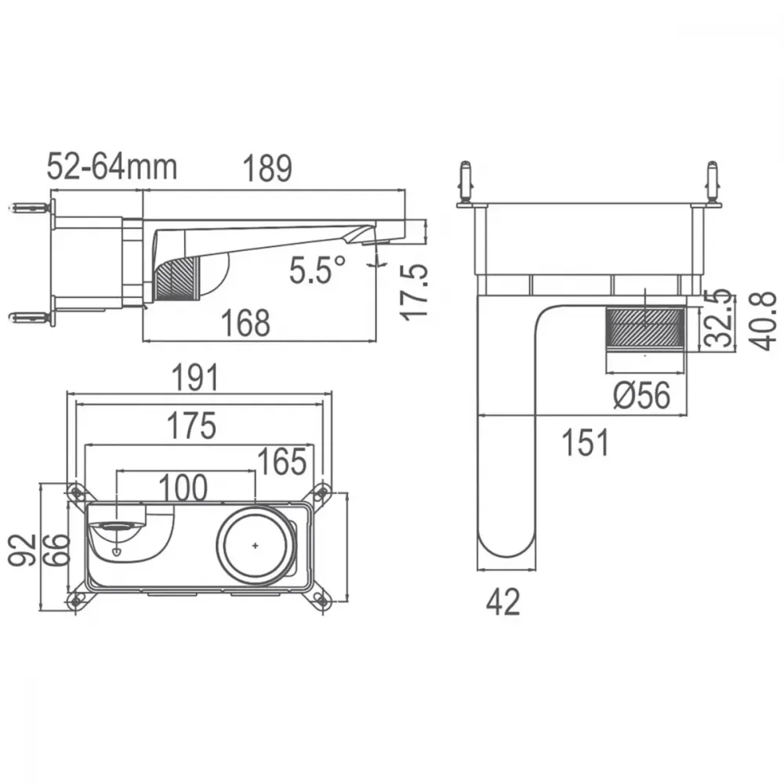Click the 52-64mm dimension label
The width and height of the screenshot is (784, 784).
point(112,167)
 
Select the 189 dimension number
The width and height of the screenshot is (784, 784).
point(267,169)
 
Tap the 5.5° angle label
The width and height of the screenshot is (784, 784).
point(318,270)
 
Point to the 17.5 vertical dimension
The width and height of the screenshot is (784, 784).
point(415,292)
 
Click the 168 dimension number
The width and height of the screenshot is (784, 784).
point(245,323)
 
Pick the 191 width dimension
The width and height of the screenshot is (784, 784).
point(195,378)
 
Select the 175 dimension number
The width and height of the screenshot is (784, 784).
point(191,426)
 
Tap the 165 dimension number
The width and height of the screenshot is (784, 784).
point(282,462)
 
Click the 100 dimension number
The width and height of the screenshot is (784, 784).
point(183,488)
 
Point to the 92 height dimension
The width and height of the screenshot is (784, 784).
point(23,550)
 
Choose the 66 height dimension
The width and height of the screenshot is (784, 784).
point(55,550)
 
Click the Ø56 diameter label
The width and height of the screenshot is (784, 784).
point(641,395)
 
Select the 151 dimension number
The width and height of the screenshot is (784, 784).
point(586,442)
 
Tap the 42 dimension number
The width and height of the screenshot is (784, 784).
point(503,601)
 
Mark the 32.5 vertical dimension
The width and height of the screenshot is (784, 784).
point(718,318)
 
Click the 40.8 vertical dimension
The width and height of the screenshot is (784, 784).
point(763,321)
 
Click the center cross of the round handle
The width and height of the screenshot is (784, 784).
point(255,546)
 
